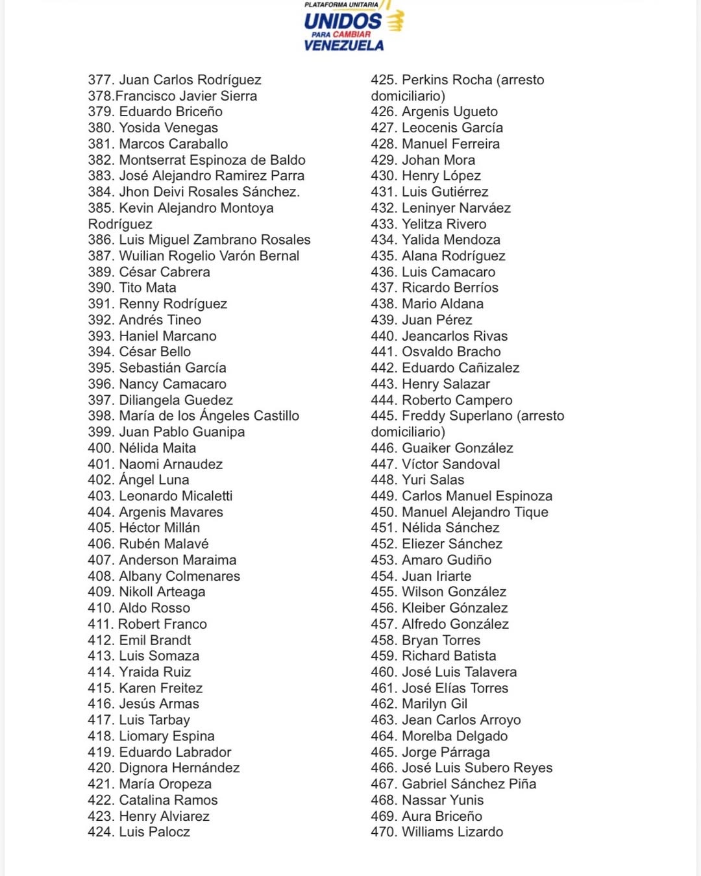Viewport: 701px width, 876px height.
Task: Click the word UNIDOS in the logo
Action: coord(343,21)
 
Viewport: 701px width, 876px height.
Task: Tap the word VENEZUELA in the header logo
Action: coord(343,45)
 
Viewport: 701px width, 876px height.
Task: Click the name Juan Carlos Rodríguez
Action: coord(190,80)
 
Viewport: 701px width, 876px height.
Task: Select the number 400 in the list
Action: coord(101,448)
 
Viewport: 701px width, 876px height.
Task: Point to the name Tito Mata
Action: coord(147,287)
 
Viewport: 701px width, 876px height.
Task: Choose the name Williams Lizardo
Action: coord(452,832)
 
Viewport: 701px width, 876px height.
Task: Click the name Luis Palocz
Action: coord(154,832)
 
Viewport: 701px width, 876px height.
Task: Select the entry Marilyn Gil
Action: coord(434,704)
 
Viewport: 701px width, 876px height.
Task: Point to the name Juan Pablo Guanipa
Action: coord(182,432)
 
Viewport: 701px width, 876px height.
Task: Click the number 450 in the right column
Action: coord(384,512)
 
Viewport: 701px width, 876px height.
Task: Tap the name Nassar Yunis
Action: coord(443,800)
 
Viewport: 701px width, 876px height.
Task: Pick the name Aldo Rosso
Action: coord(154,608)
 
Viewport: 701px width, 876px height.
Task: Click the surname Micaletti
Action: coord(198,496)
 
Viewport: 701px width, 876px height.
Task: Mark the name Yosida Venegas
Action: coord(168,128)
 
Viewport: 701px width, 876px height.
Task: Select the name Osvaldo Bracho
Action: coord(451,352)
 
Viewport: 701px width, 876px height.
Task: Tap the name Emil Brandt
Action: coord(154,640)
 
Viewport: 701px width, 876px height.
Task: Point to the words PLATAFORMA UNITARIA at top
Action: coord(341,5)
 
